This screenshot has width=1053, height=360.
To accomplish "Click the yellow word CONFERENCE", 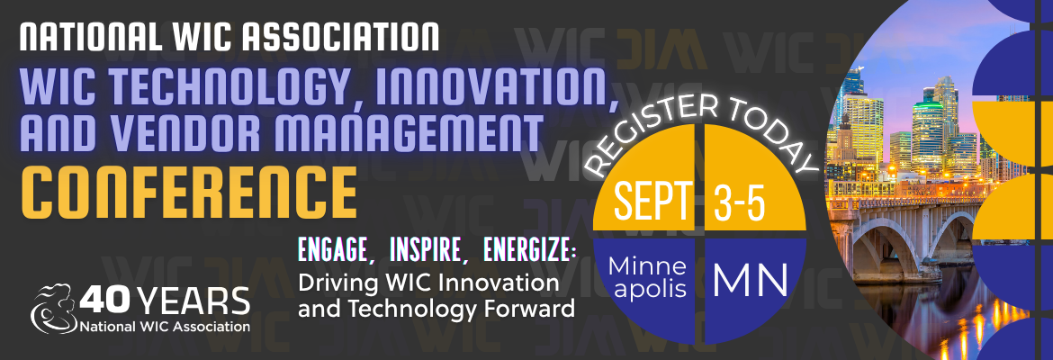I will tap(188, 190).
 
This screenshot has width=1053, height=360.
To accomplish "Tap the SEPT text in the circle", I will tap(653, 201).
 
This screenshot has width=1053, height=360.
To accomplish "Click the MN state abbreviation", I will tap(751, 279).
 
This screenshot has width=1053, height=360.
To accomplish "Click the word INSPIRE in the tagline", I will tap(427, 248).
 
